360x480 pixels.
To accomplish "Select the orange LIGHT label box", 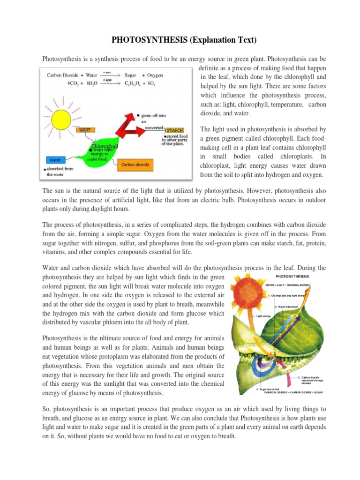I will point(85,129).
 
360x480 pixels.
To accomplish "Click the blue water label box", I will point(56,160).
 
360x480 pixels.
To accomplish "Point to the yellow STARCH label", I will point(174,129).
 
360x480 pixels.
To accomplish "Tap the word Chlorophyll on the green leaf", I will point(105,145).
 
